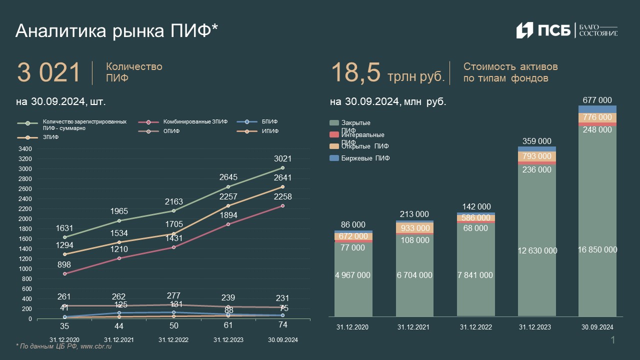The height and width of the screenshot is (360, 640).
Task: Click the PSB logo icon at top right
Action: point(524,30)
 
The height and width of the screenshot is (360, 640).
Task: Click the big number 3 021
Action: point(48,73)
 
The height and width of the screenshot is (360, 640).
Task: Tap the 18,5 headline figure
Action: point(355,73)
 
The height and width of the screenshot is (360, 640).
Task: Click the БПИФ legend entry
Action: point(269,121)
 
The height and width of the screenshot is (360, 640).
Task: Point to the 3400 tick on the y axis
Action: point(25,149)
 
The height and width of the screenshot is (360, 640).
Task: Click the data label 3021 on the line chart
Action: point(282,159)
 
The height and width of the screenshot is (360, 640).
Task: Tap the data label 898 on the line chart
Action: point(64,264)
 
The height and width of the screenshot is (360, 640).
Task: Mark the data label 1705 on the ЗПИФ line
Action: point(173,224)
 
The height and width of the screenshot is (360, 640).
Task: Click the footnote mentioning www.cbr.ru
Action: point(63,346)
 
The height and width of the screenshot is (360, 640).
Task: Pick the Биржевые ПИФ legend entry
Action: point(365,158)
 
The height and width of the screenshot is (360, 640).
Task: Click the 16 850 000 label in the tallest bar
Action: point(597,250)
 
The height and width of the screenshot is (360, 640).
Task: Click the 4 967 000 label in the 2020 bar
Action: point(353,275)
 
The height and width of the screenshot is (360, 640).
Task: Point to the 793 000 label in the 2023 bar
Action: point(537,156)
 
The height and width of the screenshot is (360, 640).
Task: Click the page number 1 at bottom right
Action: point(613,340)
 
